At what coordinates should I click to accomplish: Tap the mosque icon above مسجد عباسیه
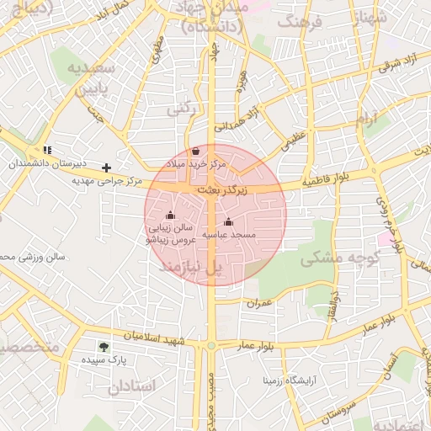[228, 221]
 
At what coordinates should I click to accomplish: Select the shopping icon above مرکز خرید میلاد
[196, 151]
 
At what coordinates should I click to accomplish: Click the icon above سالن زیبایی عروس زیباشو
[171, 215]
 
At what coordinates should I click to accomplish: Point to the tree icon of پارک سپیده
[104, 346]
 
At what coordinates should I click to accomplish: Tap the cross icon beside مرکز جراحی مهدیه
[106, 168]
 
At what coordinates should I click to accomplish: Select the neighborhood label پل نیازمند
[192, 267]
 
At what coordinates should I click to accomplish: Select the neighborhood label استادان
[132, 386]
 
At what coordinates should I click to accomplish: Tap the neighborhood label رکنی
[180, 109]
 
